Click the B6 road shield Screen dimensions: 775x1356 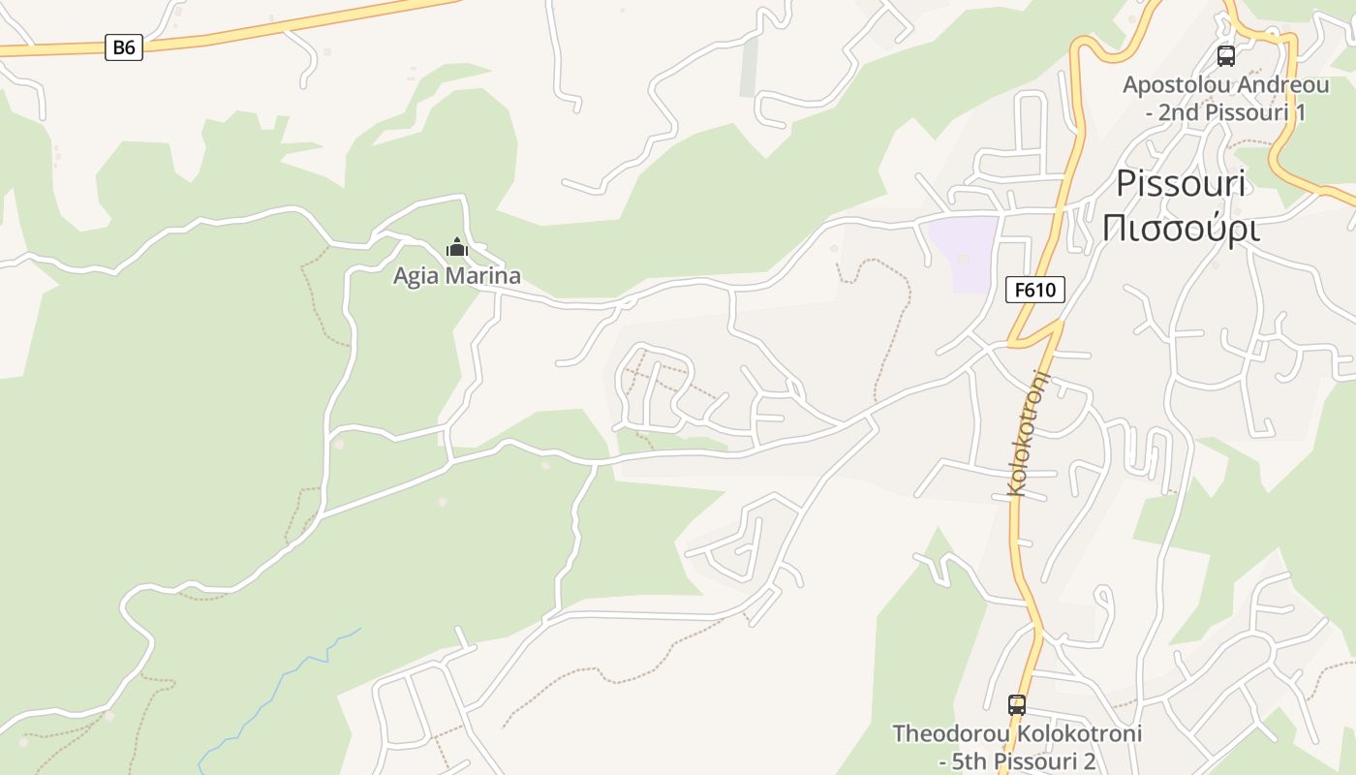(124, 46)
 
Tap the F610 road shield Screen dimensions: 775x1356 (1034, 289)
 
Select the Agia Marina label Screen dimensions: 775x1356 (456, 276)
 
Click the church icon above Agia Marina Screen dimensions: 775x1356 (456, 248)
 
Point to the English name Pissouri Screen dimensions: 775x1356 (1180, 183)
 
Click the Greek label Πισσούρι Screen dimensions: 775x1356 (1180, 229)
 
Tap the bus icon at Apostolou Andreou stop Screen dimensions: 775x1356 (1225, 55)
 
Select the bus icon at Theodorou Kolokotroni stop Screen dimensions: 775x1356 (1016, 704)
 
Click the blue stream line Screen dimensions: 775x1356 (281, 678)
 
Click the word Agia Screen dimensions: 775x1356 (413, 276)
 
